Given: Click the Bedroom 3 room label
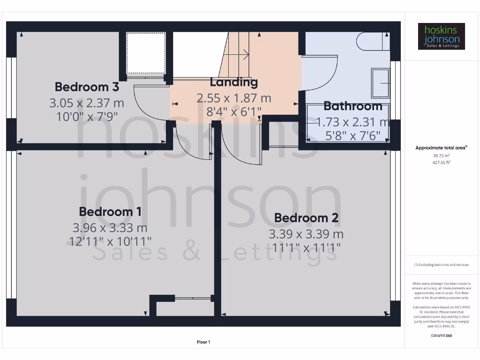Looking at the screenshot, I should [87, 87].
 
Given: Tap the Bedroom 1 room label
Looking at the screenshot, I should [110, 211].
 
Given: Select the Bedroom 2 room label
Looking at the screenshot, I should [307, 218].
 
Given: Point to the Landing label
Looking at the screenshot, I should [233, 82].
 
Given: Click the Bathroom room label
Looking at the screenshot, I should [352, 106].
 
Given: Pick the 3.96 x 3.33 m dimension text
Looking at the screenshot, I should [110, 228].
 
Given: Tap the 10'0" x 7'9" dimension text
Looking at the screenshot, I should [87, 116].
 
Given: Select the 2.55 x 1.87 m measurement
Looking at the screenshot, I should [233, 98].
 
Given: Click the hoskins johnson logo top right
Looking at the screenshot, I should [441, 37].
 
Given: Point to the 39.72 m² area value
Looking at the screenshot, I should [441, 155].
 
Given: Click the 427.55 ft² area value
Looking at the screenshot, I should [441, 162].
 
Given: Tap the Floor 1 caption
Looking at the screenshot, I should [203, 342].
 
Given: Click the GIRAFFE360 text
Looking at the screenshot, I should [441, 336].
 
